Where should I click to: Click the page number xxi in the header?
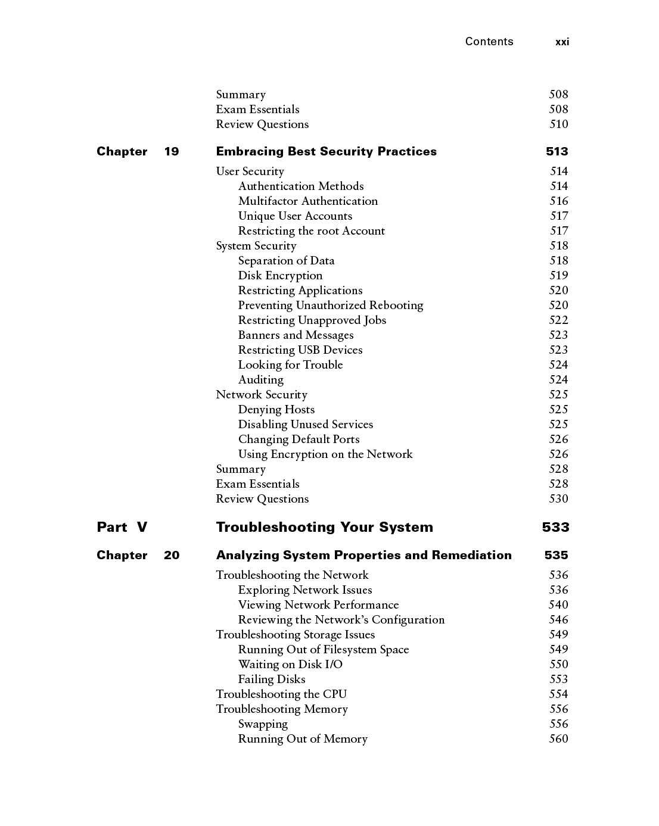pos(562,42)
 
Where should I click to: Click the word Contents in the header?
pos(489,42)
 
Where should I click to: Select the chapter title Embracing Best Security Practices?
pos(326,151)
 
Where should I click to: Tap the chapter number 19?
pos(171,151)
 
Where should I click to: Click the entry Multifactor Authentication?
pos(307,201)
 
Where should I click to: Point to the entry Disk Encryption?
pos(280,276)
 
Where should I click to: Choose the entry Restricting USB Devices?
pos(300,350)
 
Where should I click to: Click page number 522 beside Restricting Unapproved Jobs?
pos(558,320)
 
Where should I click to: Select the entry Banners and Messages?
pos(296,335)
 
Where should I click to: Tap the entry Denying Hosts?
pos(276,410)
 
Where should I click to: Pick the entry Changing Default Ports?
pos(299,440)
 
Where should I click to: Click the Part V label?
pos(122,527)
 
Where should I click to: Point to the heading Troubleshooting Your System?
pos(324,527)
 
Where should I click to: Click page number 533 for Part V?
pos(555,527)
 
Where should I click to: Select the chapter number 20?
pos(171,555)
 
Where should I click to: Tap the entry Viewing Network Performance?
pos(318,605)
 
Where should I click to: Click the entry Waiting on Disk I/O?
pos(290,665)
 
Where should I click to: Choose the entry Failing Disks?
pos(271,679)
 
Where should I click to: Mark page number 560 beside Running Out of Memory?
pos(558,739)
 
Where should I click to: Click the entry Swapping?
pos(263,724)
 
